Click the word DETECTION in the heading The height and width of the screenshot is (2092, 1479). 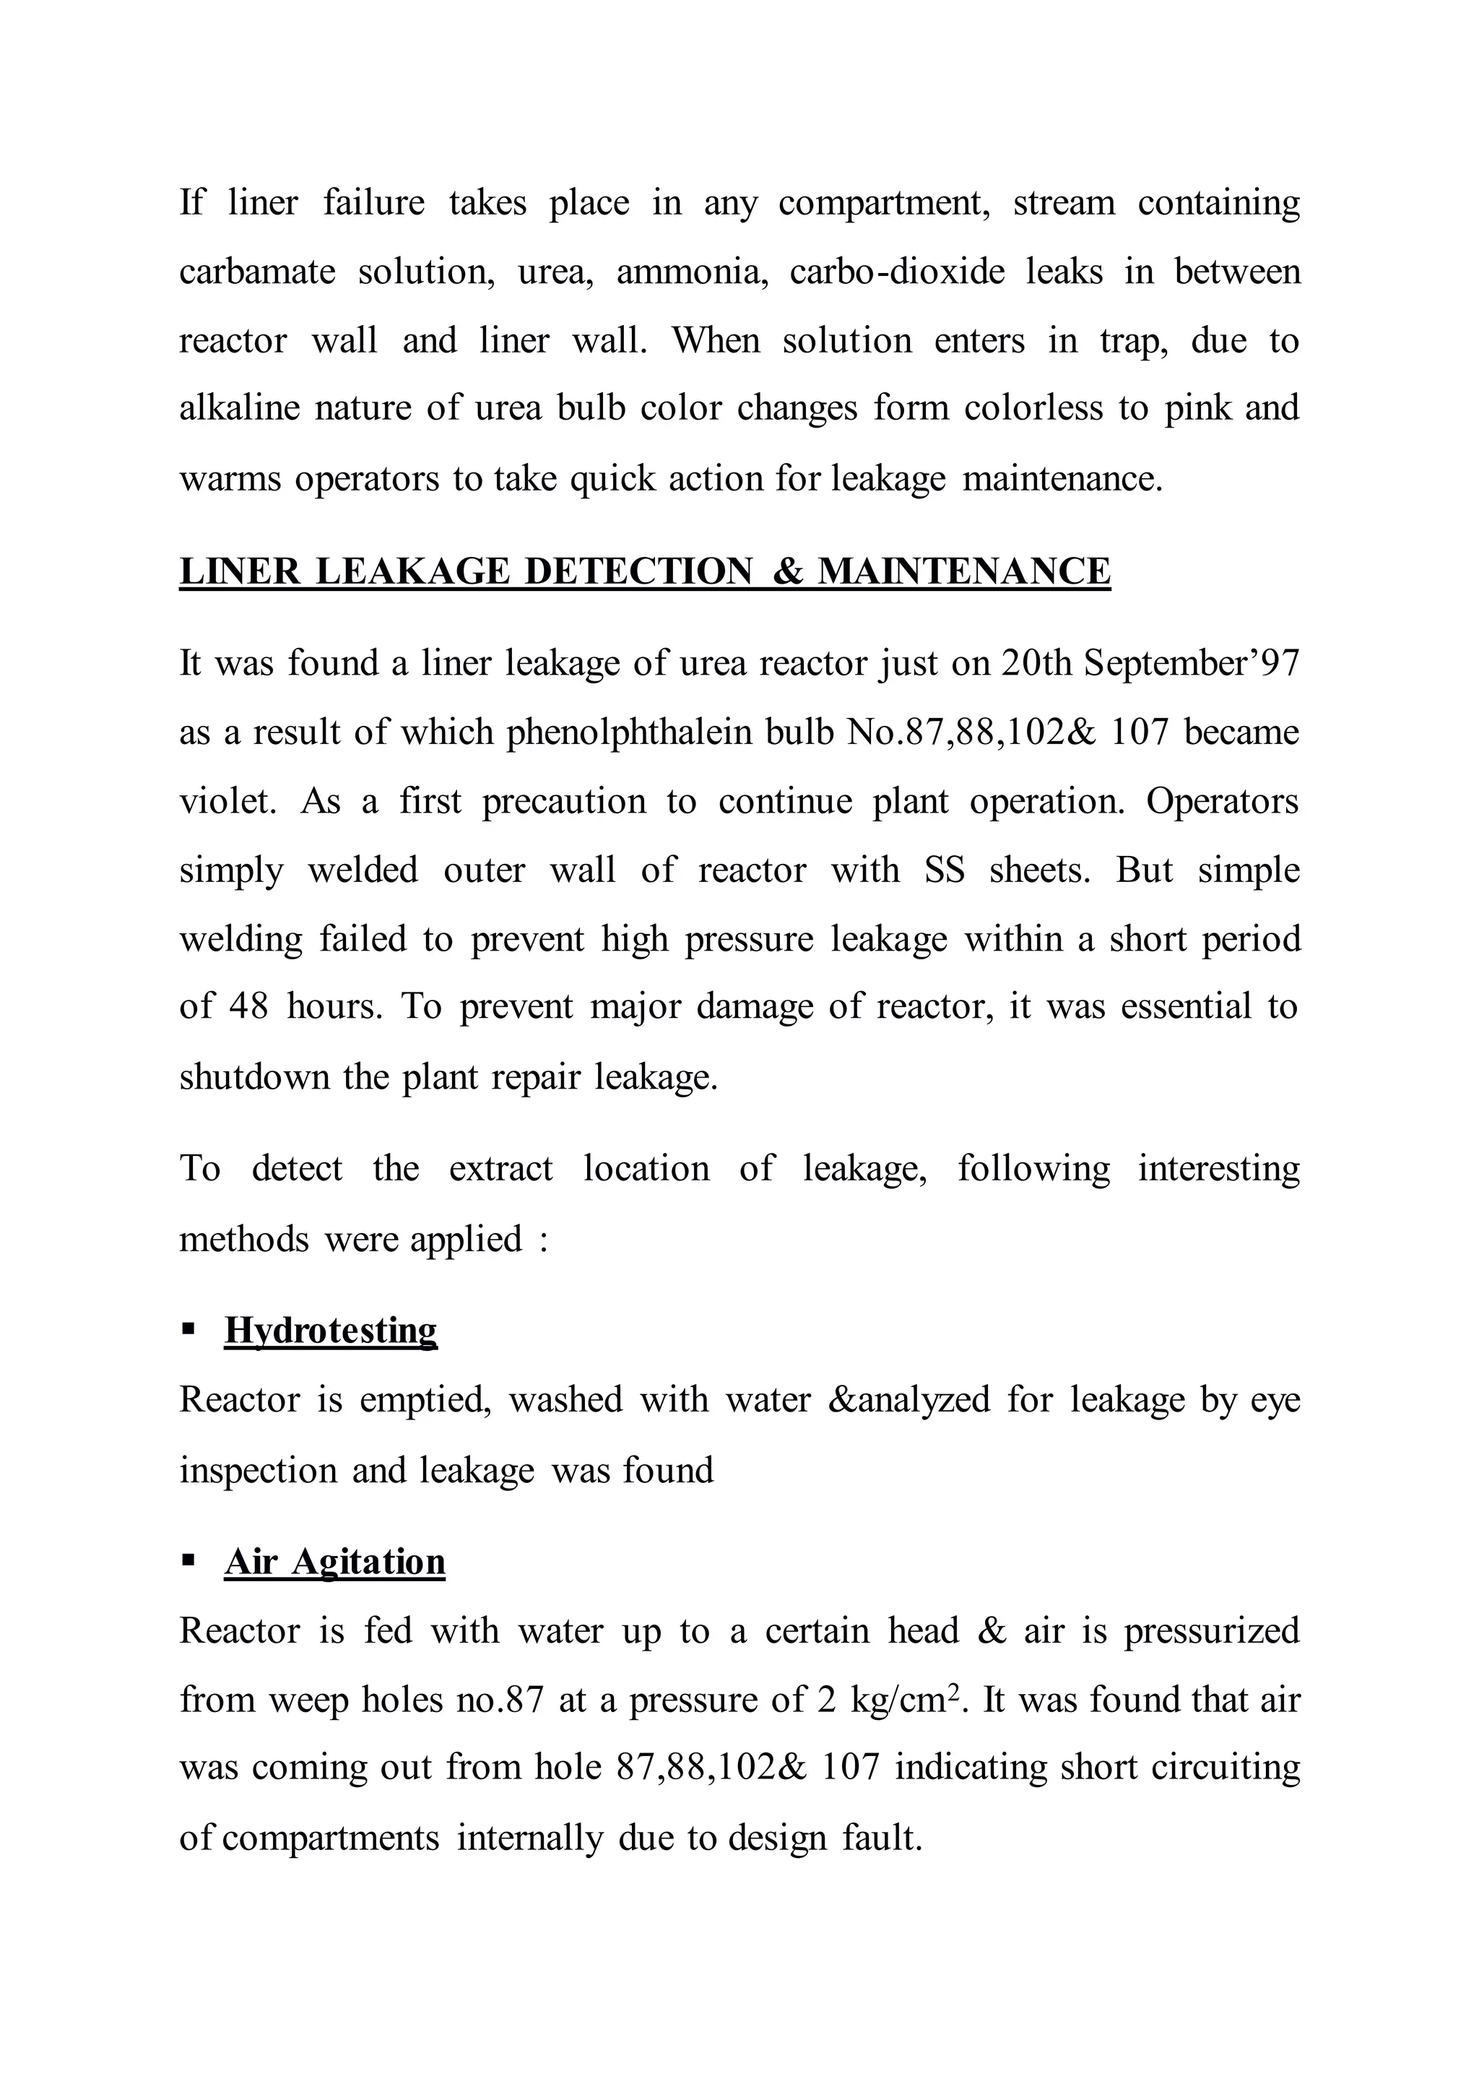click(638, 571)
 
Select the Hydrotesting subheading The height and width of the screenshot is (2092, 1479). click(331, 1331)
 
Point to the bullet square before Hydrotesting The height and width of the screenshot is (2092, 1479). click(188, 1329)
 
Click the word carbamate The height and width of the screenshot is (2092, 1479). click(258, 272)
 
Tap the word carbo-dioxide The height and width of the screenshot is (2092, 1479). click(896, 272)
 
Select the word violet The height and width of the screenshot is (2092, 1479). click(227, 801)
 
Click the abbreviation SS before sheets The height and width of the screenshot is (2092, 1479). click(945, 870)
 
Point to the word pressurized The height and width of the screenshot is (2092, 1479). click(1211, 1631)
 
